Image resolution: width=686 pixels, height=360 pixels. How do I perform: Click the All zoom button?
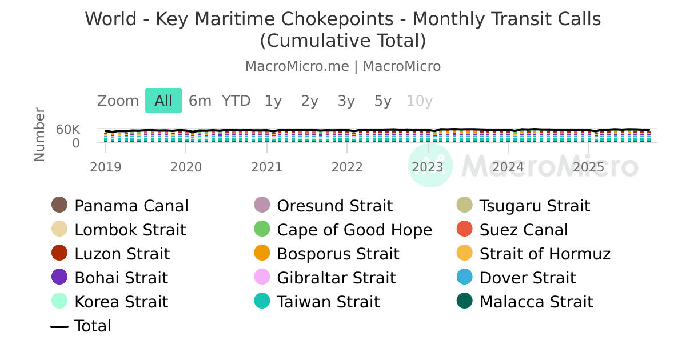pyautogui.click(x=163, y=101)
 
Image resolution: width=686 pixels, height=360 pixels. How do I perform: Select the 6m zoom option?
pyautogui.click(x=200, y=101)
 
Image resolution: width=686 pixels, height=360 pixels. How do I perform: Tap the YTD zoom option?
pyautogui.click(x=236, y=101)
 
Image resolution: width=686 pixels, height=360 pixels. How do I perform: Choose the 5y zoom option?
pyautogui.click(x=383, y=101)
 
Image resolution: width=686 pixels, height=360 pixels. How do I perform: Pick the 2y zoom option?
pyautogui.click(x=310, y=101)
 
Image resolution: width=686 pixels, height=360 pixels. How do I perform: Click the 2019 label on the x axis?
pyautogui.click(x=106, y=167)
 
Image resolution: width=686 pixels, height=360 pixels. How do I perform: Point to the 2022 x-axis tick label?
pyautogui.click(x=348, y=167)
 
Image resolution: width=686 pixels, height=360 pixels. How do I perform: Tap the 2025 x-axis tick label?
pyautogui.click(x=589, y=167)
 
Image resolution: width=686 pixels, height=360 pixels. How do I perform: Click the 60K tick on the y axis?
pyautogui.click(x=68, y=130)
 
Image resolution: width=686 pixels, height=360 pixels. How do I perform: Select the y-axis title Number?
pyautogui.click(x=39, y=134)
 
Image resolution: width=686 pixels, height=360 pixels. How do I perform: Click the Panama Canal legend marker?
pyautogui.click(x=59, y=205)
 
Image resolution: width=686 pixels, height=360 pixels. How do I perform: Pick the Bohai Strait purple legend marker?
pyautogui.click(x=59, y=277)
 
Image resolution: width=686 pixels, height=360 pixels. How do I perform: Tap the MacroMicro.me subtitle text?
pyautogui.click(x=297, y=66)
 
